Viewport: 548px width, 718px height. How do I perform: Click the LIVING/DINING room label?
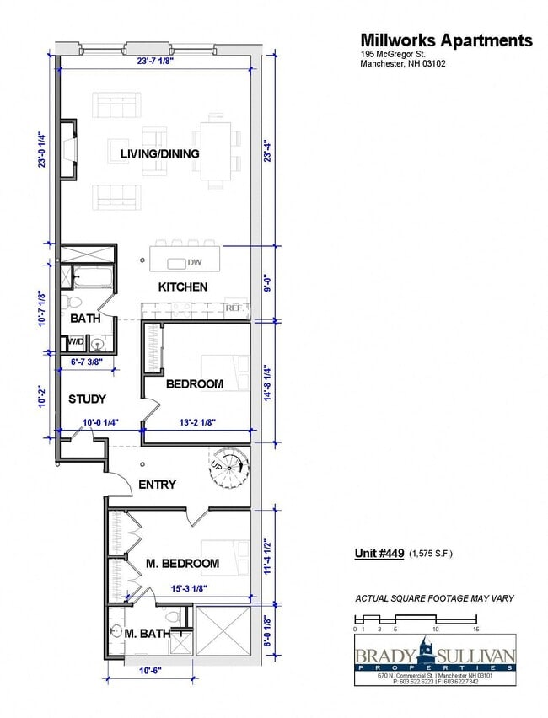(159, 153)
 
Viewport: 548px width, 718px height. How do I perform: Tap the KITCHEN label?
(183, 287)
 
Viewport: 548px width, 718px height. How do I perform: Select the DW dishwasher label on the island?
(195, 262)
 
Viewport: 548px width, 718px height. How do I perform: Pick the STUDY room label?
(87, 399)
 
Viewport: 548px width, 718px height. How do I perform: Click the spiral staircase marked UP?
(228, 466)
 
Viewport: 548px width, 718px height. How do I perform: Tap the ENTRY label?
(157, 484)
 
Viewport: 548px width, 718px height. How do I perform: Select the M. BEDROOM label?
(182, 563)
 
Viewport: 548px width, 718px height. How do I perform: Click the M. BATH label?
(147, 634)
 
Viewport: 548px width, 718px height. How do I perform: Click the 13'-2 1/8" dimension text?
(198, 423)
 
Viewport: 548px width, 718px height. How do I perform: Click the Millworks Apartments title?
(446, 40)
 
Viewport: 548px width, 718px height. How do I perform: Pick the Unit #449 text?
(379, 554)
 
